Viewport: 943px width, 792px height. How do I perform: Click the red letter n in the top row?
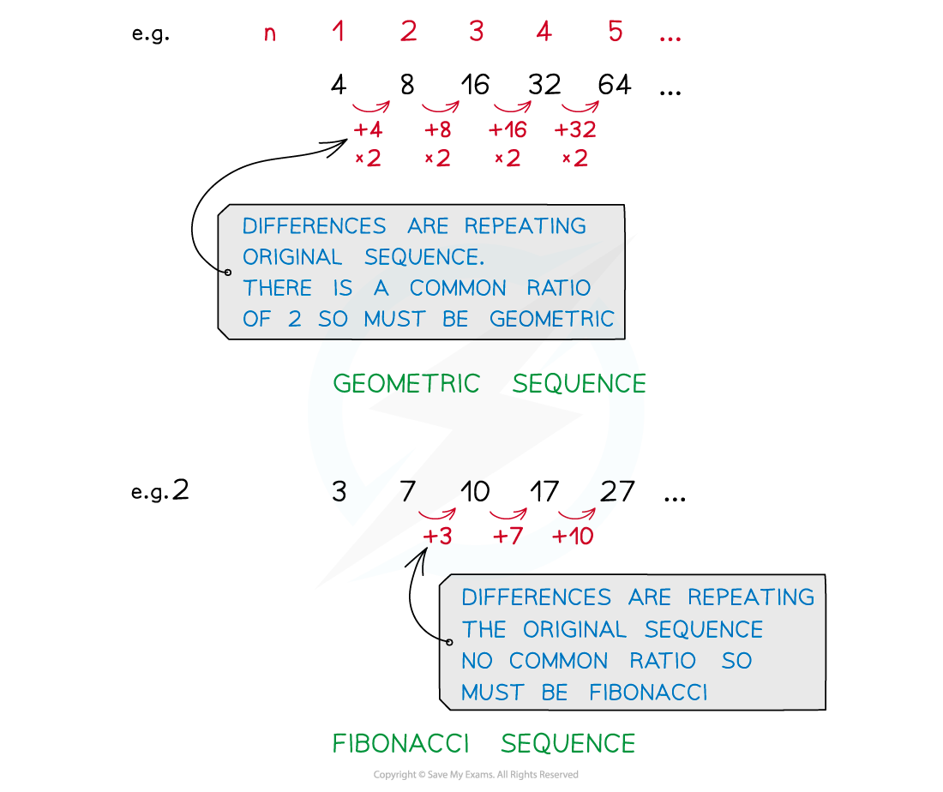[x=270, y=34]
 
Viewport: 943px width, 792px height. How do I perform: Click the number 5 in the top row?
[x=615, y=32]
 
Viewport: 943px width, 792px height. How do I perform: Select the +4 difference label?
[x=369, y=130]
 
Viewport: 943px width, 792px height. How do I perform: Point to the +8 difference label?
[x=437, y=130]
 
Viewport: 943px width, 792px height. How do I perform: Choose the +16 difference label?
[x=508, y=130]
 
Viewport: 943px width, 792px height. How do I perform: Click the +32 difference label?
[x=575, y=130]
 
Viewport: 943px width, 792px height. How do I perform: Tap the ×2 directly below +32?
[x=574, y=159]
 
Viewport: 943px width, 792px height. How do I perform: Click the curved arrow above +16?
[x=512, y=107]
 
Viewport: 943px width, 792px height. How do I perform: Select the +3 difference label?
[x=437, y=537]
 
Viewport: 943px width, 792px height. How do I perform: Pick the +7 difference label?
[x=508, y=537]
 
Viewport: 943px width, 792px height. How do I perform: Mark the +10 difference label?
[x=573, y=537]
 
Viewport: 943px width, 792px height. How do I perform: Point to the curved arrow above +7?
[x=508, y=514]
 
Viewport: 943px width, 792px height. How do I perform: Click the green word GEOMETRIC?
[x=406, y=383]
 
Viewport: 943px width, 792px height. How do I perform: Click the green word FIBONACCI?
[x=400, y=743]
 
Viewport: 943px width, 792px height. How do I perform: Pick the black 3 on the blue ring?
[x=339, y=491]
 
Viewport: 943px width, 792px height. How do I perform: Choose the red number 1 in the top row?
[x=339, y=32]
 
